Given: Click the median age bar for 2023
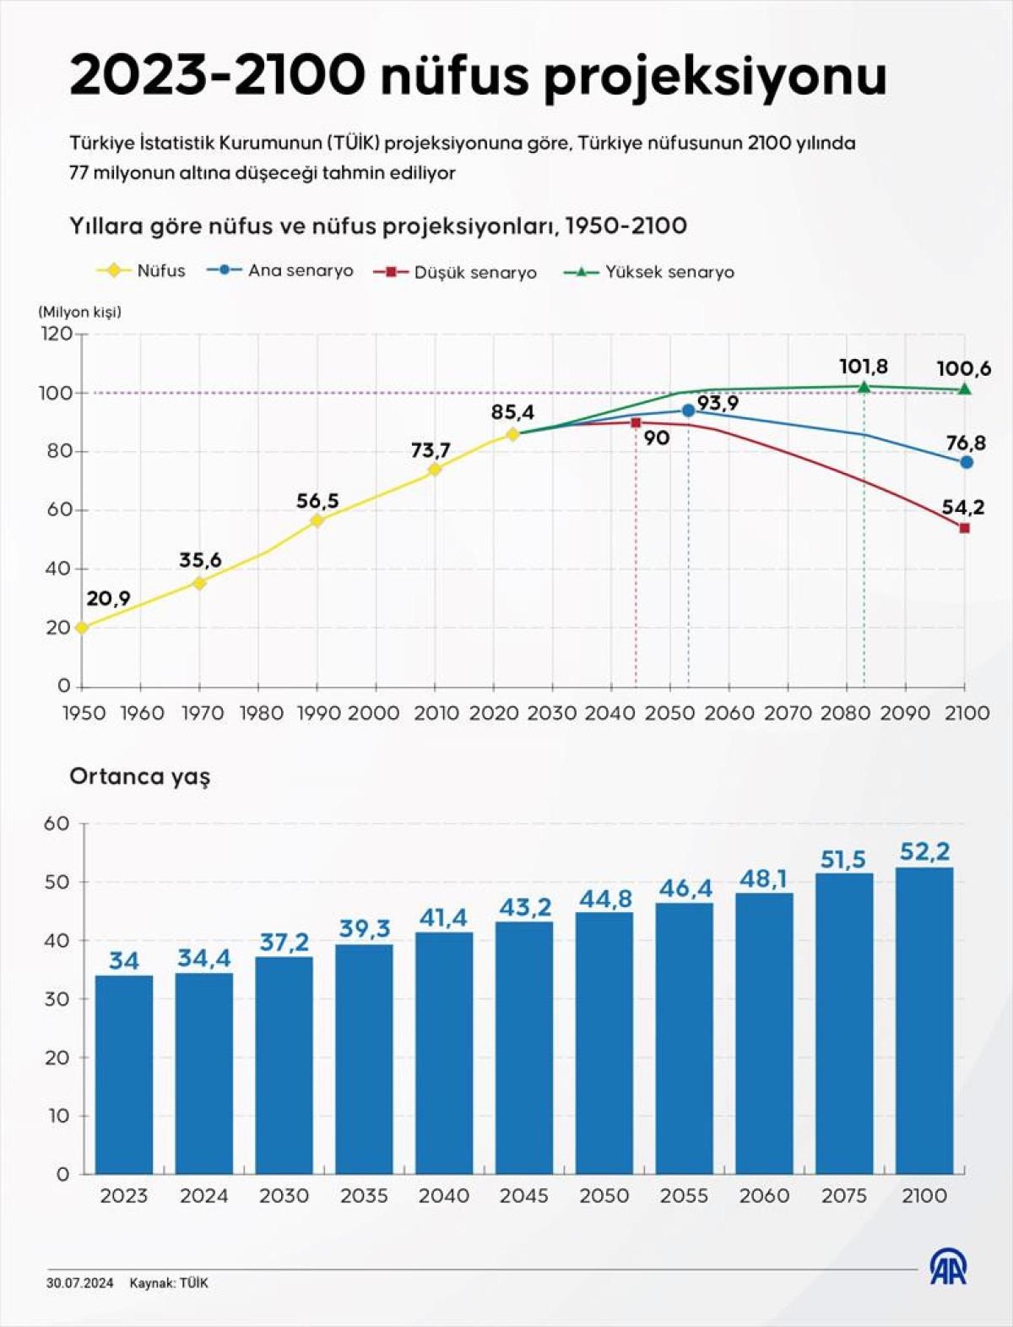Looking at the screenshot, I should point(124,1074).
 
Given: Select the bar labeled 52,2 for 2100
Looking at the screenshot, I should point(924,1020).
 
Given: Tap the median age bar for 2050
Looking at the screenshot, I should point(604,1043).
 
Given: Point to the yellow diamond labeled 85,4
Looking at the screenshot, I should point(512,434).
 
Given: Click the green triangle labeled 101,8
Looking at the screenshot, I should point(864,387).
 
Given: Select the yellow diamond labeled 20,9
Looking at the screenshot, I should point(82,628).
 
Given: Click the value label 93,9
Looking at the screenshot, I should point(718,403).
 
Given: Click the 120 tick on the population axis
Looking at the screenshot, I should point(57,334).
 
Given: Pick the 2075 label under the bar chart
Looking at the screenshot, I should point(844,1196).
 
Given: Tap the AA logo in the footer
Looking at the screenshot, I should point(948,1268).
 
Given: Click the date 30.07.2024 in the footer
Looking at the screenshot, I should point(79,1283).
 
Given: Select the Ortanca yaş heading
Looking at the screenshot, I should point(139,776).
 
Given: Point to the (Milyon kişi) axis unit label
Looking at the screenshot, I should point(79,312).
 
